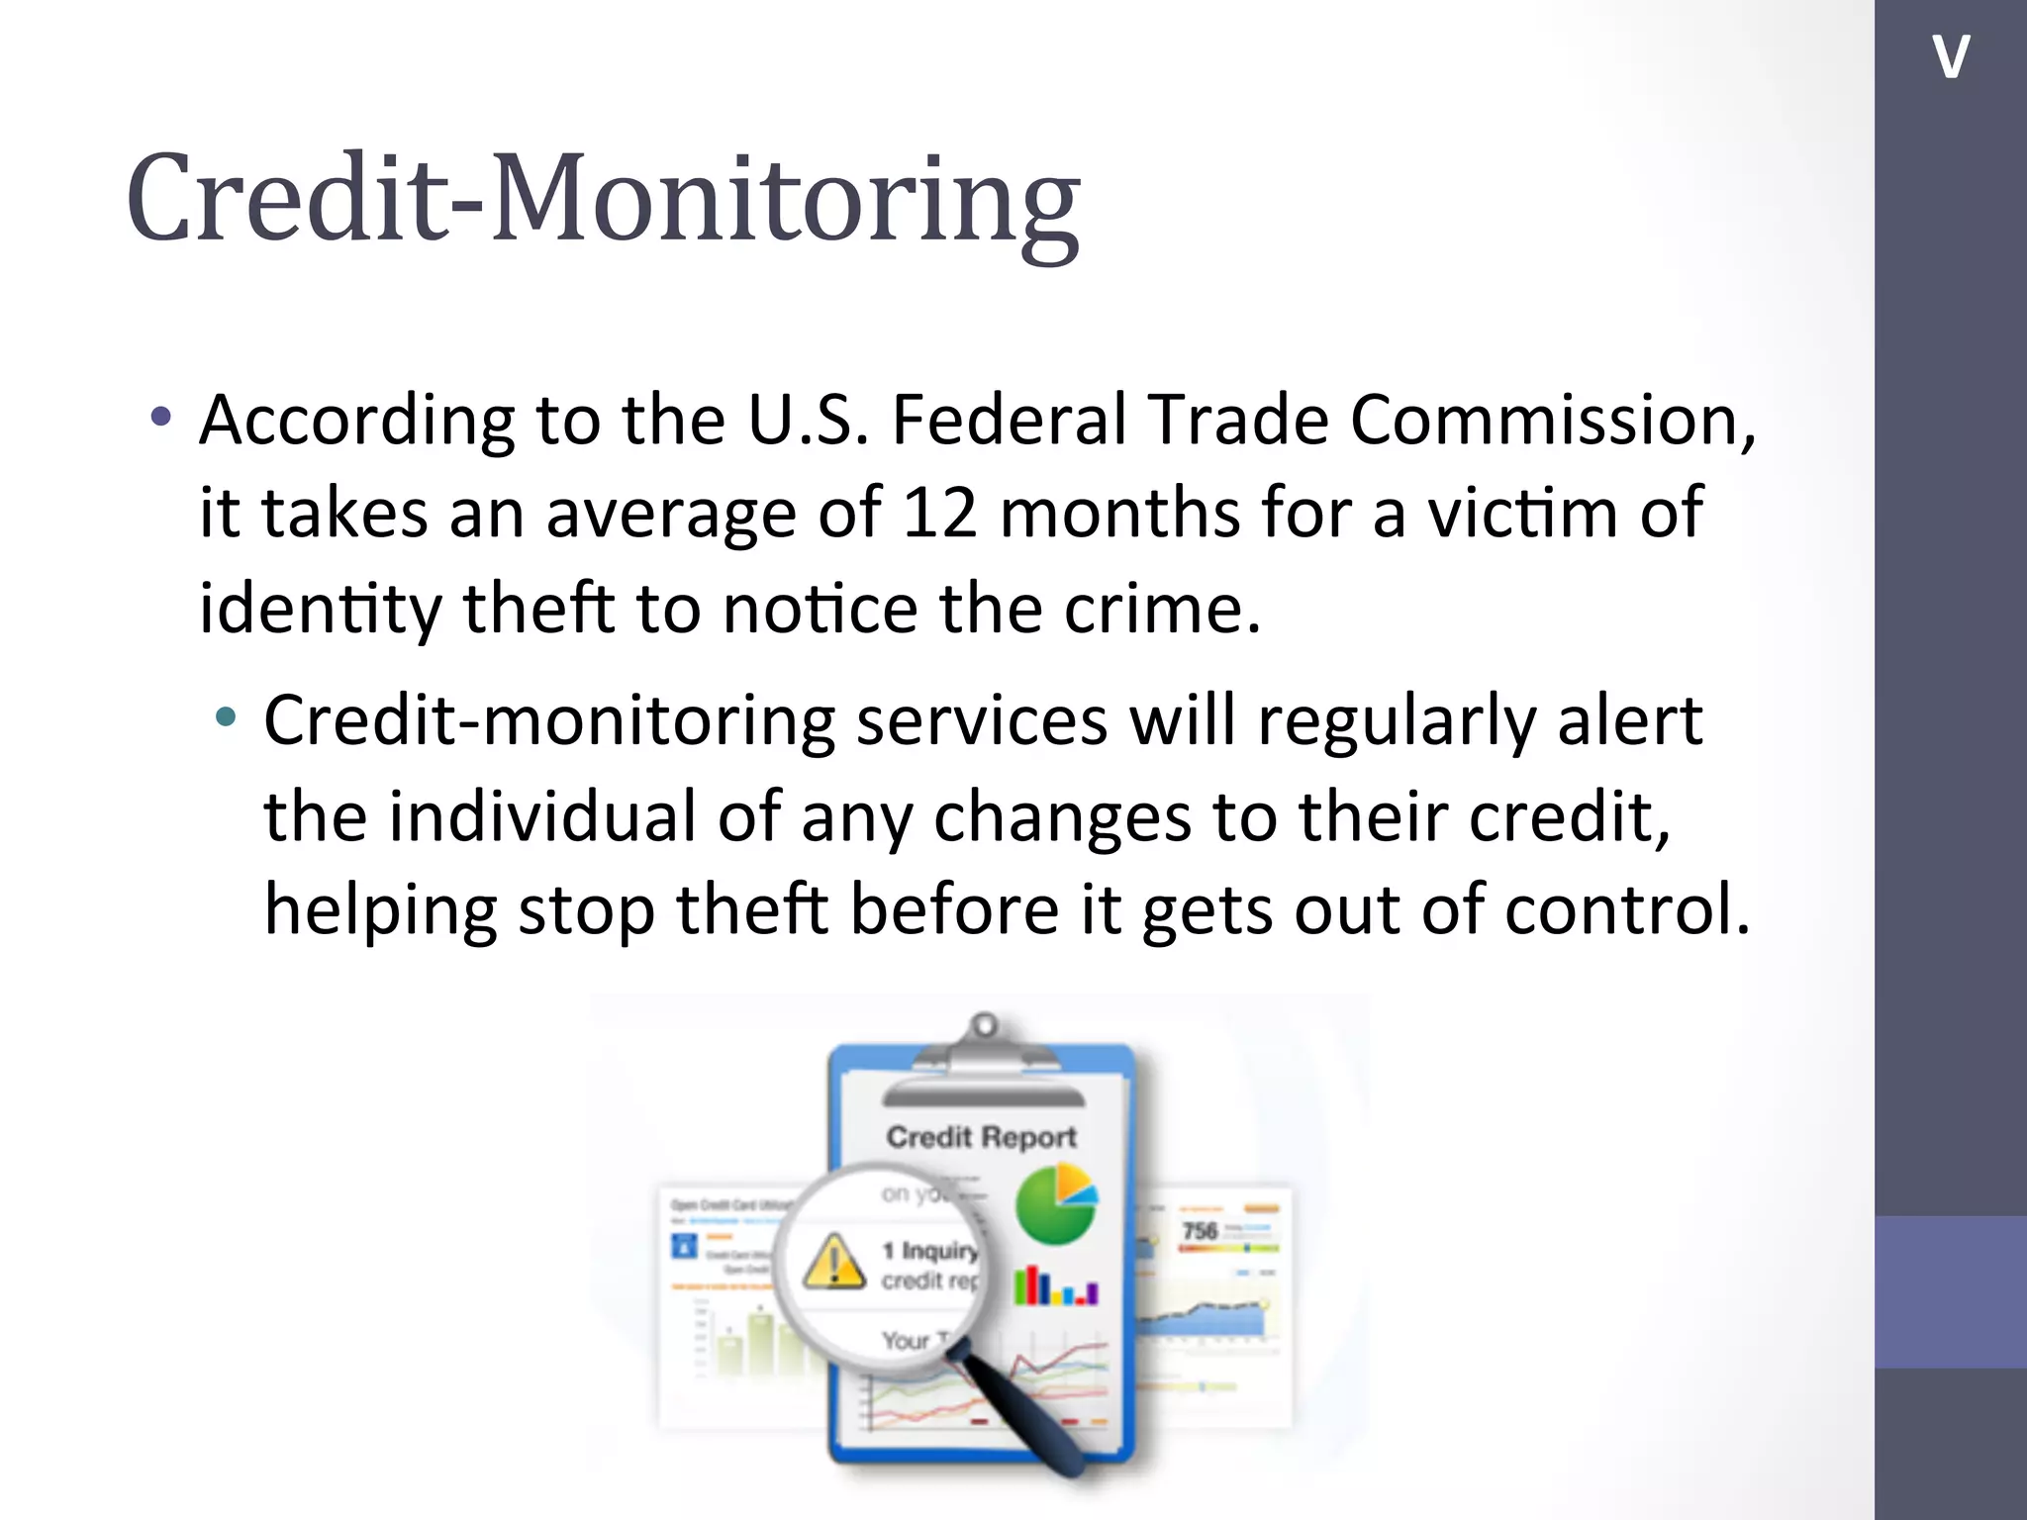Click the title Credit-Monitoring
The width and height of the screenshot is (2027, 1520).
604,198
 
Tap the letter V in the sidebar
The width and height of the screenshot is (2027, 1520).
1950,56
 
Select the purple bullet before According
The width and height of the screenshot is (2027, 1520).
161,417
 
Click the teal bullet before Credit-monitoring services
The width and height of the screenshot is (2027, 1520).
226,716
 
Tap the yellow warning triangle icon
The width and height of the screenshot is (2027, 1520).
833,1262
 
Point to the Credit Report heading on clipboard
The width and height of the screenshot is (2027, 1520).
981,1137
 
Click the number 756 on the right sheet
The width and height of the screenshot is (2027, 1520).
1200,1230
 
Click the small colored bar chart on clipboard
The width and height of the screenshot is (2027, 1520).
1055,1287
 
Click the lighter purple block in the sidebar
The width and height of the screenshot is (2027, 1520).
1950,1291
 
